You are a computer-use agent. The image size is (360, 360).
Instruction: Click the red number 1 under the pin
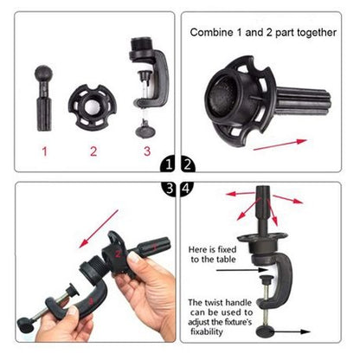[x=44, y=151]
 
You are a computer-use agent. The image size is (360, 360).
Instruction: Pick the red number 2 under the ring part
[x=93, y=151]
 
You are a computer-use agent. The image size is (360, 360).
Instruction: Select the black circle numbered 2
[x=189, y=163]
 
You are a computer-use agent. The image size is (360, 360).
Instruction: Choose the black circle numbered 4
[x=189, y=186]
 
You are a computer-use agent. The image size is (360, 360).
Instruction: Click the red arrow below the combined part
[x=281, y=145]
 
